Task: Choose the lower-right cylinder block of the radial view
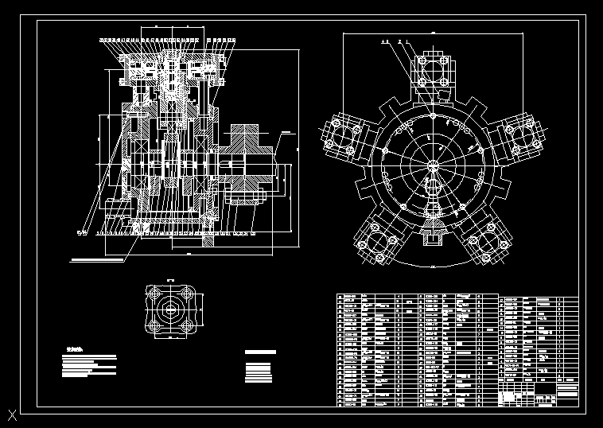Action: pos(488,242)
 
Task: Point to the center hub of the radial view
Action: pos(431,165)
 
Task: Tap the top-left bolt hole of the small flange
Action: pos(154,293)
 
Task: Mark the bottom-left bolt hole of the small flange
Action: pos(154,327)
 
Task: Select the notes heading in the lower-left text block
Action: pos(74,349)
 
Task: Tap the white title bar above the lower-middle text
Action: pos(260,352)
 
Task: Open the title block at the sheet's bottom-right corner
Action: pos(539,395)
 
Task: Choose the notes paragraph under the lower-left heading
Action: pos(88,365)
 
